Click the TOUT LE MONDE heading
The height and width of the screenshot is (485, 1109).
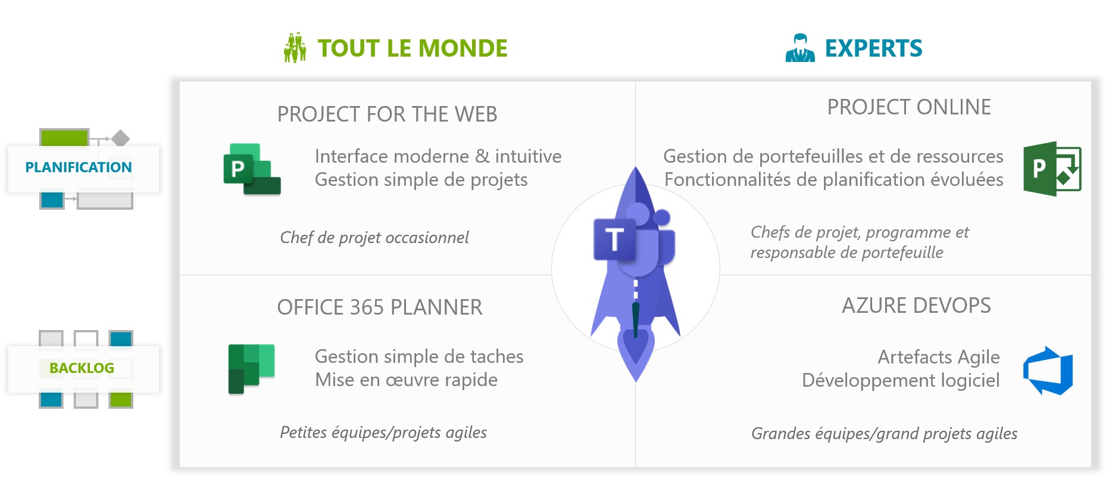(412, 48)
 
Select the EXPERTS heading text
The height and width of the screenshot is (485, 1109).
(873, 48)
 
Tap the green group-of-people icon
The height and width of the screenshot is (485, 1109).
(295, 48)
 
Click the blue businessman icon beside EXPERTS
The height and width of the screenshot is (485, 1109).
(800, 48)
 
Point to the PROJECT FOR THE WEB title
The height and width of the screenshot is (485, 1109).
(387, 114)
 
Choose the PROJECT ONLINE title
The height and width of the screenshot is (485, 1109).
(909, 107)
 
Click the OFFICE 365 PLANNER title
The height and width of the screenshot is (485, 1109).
(380, 307)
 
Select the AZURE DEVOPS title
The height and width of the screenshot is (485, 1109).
(916, 306)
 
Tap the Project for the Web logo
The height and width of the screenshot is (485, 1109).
(252, 169)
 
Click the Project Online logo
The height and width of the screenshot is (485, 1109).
(1052, 169)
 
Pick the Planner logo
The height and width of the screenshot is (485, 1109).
(251, 369)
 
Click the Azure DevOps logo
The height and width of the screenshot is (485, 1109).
(1048, 371)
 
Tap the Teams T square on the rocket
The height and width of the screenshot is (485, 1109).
(614, 240)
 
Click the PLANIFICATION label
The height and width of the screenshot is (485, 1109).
(79, 167)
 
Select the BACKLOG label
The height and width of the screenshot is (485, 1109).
(82, 368)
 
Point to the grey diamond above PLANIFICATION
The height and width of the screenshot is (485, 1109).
(120, 138)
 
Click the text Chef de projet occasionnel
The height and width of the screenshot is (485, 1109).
(374, 238)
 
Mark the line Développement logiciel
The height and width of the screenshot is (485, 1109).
(901, 380)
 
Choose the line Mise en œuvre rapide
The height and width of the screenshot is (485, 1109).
(406, 380)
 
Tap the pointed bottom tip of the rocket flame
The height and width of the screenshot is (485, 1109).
(636, 382)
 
